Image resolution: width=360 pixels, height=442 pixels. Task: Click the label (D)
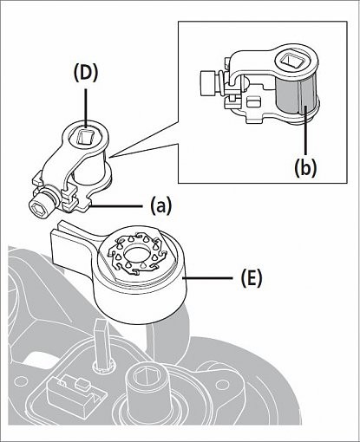(x=86, y=75)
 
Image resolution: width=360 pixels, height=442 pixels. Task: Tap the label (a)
(x=160, y=206)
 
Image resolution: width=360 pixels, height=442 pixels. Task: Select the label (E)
(x=251, y=278)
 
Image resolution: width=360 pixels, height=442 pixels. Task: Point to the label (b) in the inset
(x=305, y=167)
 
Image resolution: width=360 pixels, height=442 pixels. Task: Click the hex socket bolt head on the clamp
(x=42, y=206)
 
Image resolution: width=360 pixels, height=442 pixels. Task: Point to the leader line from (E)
(x=207, y=278)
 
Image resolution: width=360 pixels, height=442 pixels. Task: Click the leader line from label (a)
(x=117, y=206)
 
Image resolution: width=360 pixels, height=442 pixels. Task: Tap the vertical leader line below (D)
(x=86, y=108)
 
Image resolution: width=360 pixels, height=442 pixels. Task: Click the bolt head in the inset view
(x=208, y=83)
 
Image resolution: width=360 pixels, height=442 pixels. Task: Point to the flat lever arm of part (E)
(x=73, y=247)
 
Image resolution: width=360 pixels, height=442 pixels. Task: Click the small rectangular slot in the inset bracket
(x=254, y=102)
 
